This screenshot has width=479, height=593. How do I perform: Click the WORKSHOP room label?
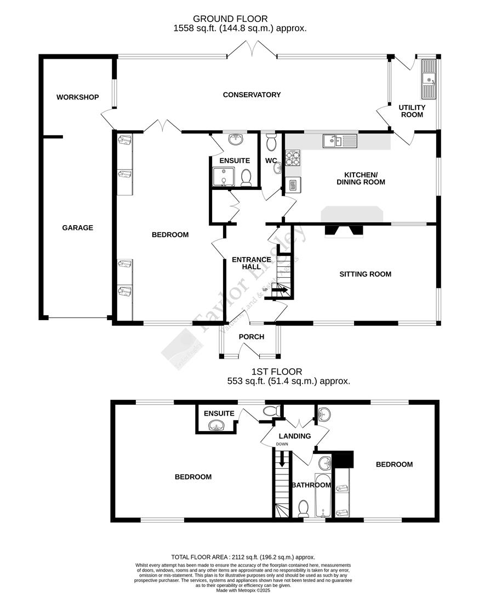tap(77, 97)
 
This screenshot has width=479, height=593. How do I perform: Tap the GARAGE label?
tap(77, 227)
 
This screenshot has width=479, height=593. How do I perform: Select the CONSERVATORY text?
tap(252, 94)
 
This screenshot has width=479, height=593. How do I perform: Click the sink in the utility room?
tap(428, 85)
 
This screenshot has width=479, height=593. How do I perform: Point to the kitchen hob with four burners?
tap(293, 158)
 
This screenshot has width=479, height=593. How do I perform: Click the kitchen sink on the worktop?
tap(340, 141)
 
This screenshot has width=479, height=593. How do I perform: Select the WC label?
tap(271, 160)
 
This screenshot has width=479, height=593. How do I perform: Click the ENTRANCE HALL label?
tap(251, 263)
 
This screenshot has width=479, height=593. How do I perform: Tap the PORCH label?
tap(252, 337)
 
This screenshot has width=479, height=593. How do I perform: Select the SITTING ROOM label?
tap(365, 274)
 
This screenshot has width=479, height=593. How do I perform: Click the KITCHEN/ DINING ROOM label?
tap(361, 177)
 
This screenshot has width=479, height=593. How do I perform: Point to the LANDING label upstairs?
tap(295, 436)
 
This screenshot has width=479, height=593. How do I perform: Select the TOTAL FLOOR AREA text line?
tap(243, 557)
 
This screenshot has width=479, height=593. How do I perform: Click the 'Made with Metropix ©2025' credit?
tap(243, 590)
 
